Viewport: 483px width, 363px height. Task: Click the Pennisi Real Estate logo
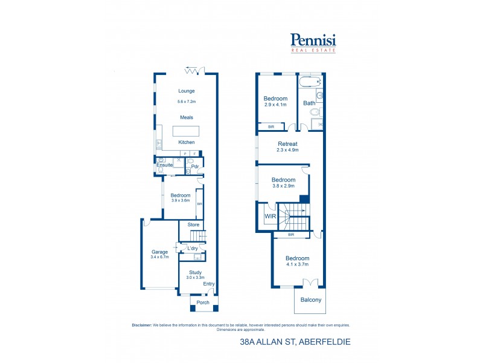[313, 42]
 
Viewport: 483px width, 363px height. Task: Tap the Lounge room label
[187, 91]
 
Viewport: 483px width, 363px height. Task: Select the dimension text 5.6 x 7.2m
[187, 102]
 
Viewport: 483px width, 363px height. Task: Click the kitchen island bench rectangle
[187, 131]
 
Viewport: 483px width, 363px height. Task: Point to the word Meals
[187, 117]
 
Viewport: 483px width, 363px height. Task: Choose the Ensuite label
[165, 165]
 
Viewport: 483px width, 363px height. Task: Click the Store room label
[193, 225]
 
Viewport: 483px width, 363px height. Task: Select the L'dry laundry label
[193, 249]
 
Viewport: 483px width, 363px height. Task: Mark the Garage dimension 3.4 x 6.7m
[159, 257]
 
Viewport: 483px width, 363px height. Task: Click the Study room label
[195, 272]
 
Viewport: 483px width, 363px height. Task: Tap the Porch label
[202, 303]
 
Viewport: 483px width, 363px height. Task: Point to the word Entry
[208, 284]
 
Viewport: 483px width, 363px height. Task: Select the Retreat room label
[287, 143]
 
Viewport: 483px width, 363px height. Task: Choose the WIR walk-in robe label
[269, 216]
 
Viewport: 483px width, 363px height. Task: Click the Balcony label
[311, 300]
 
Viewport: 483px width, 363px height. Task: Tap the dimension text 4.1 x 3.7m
[297, 264]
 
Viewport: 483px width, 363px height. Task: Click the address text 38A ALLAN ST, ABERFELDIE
[295, 342]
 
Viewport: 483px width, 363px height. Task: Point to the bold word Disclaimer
[142, 325]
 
